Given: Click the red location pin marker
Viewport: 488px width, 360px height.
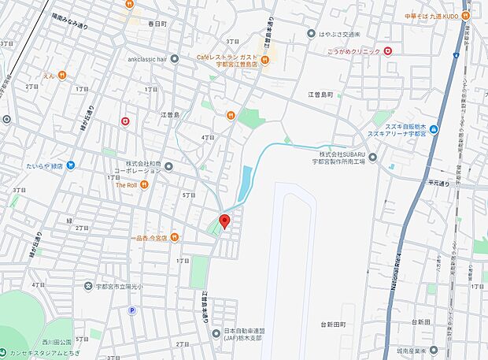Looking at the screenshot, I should [x=224, y=221].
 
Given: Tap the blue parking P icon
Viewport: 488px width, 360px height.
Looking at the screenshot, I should [x=132, y=311].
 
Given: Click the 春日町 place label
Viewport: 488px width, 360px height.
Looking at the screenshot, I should [x=158, y=24].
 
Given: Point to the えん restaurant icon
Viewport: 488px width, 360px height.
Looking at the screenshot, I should [x=61, y=76].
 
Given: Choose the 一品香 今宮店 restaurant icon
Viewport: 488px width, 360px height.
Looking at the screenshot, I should [x=175, y=237].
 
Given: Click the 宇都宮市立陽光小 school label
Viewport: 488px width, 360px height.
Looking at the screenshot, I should [x=120, y=286].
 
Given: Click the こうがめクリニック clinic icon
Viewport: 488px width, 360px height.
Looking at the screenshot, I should [x=387, y=51].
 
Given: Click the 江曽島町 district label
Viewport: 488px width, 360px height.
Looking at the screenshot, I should [x=321, y=95].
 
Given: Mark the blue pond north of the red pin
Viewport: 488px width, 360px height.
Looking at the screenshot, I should [x=246, y=182].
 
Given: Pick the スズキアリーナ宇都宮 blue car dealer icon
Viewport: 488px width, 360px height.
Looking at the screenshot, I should [x=434, y=128].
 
